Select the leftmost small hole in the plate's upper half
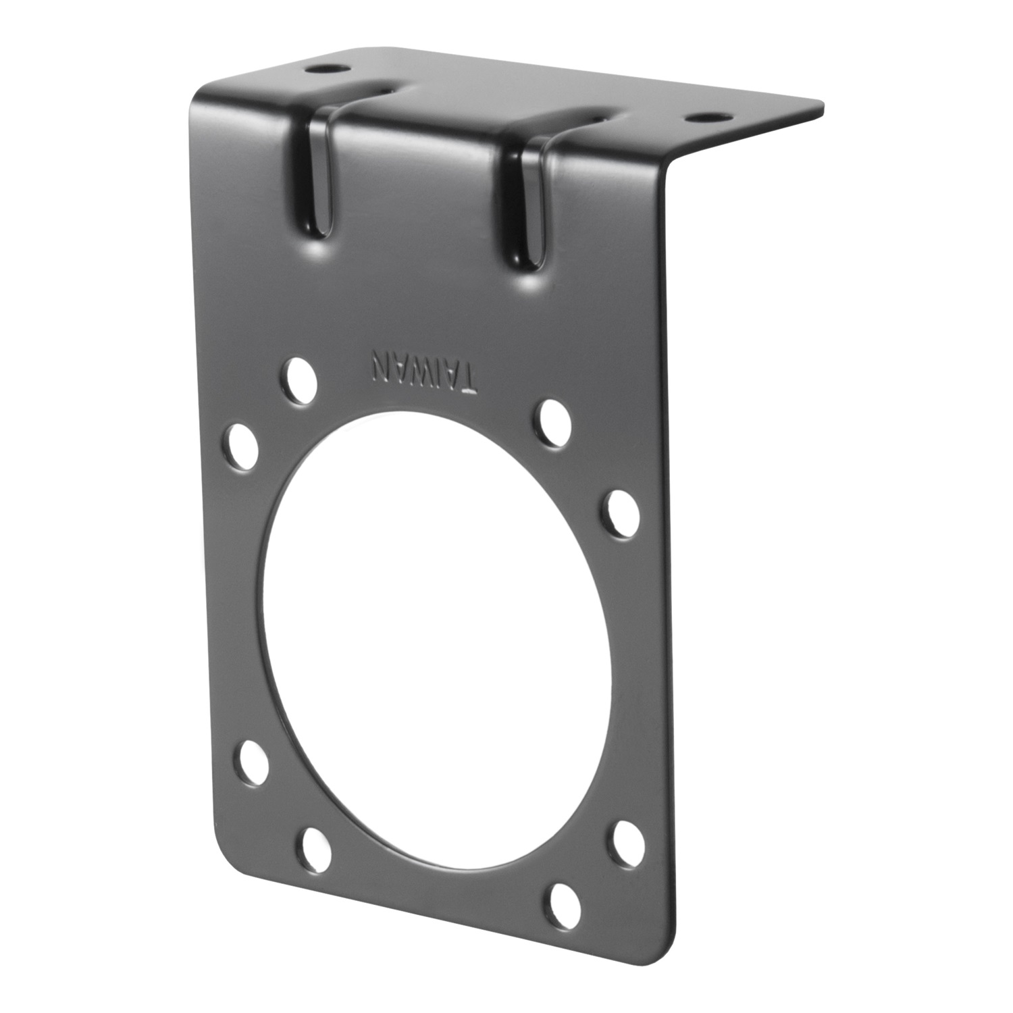[x=242, y=446]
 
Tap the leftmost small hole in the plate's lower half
[x=251, y=762]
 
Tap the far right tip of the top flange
[x=823, y=105]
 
